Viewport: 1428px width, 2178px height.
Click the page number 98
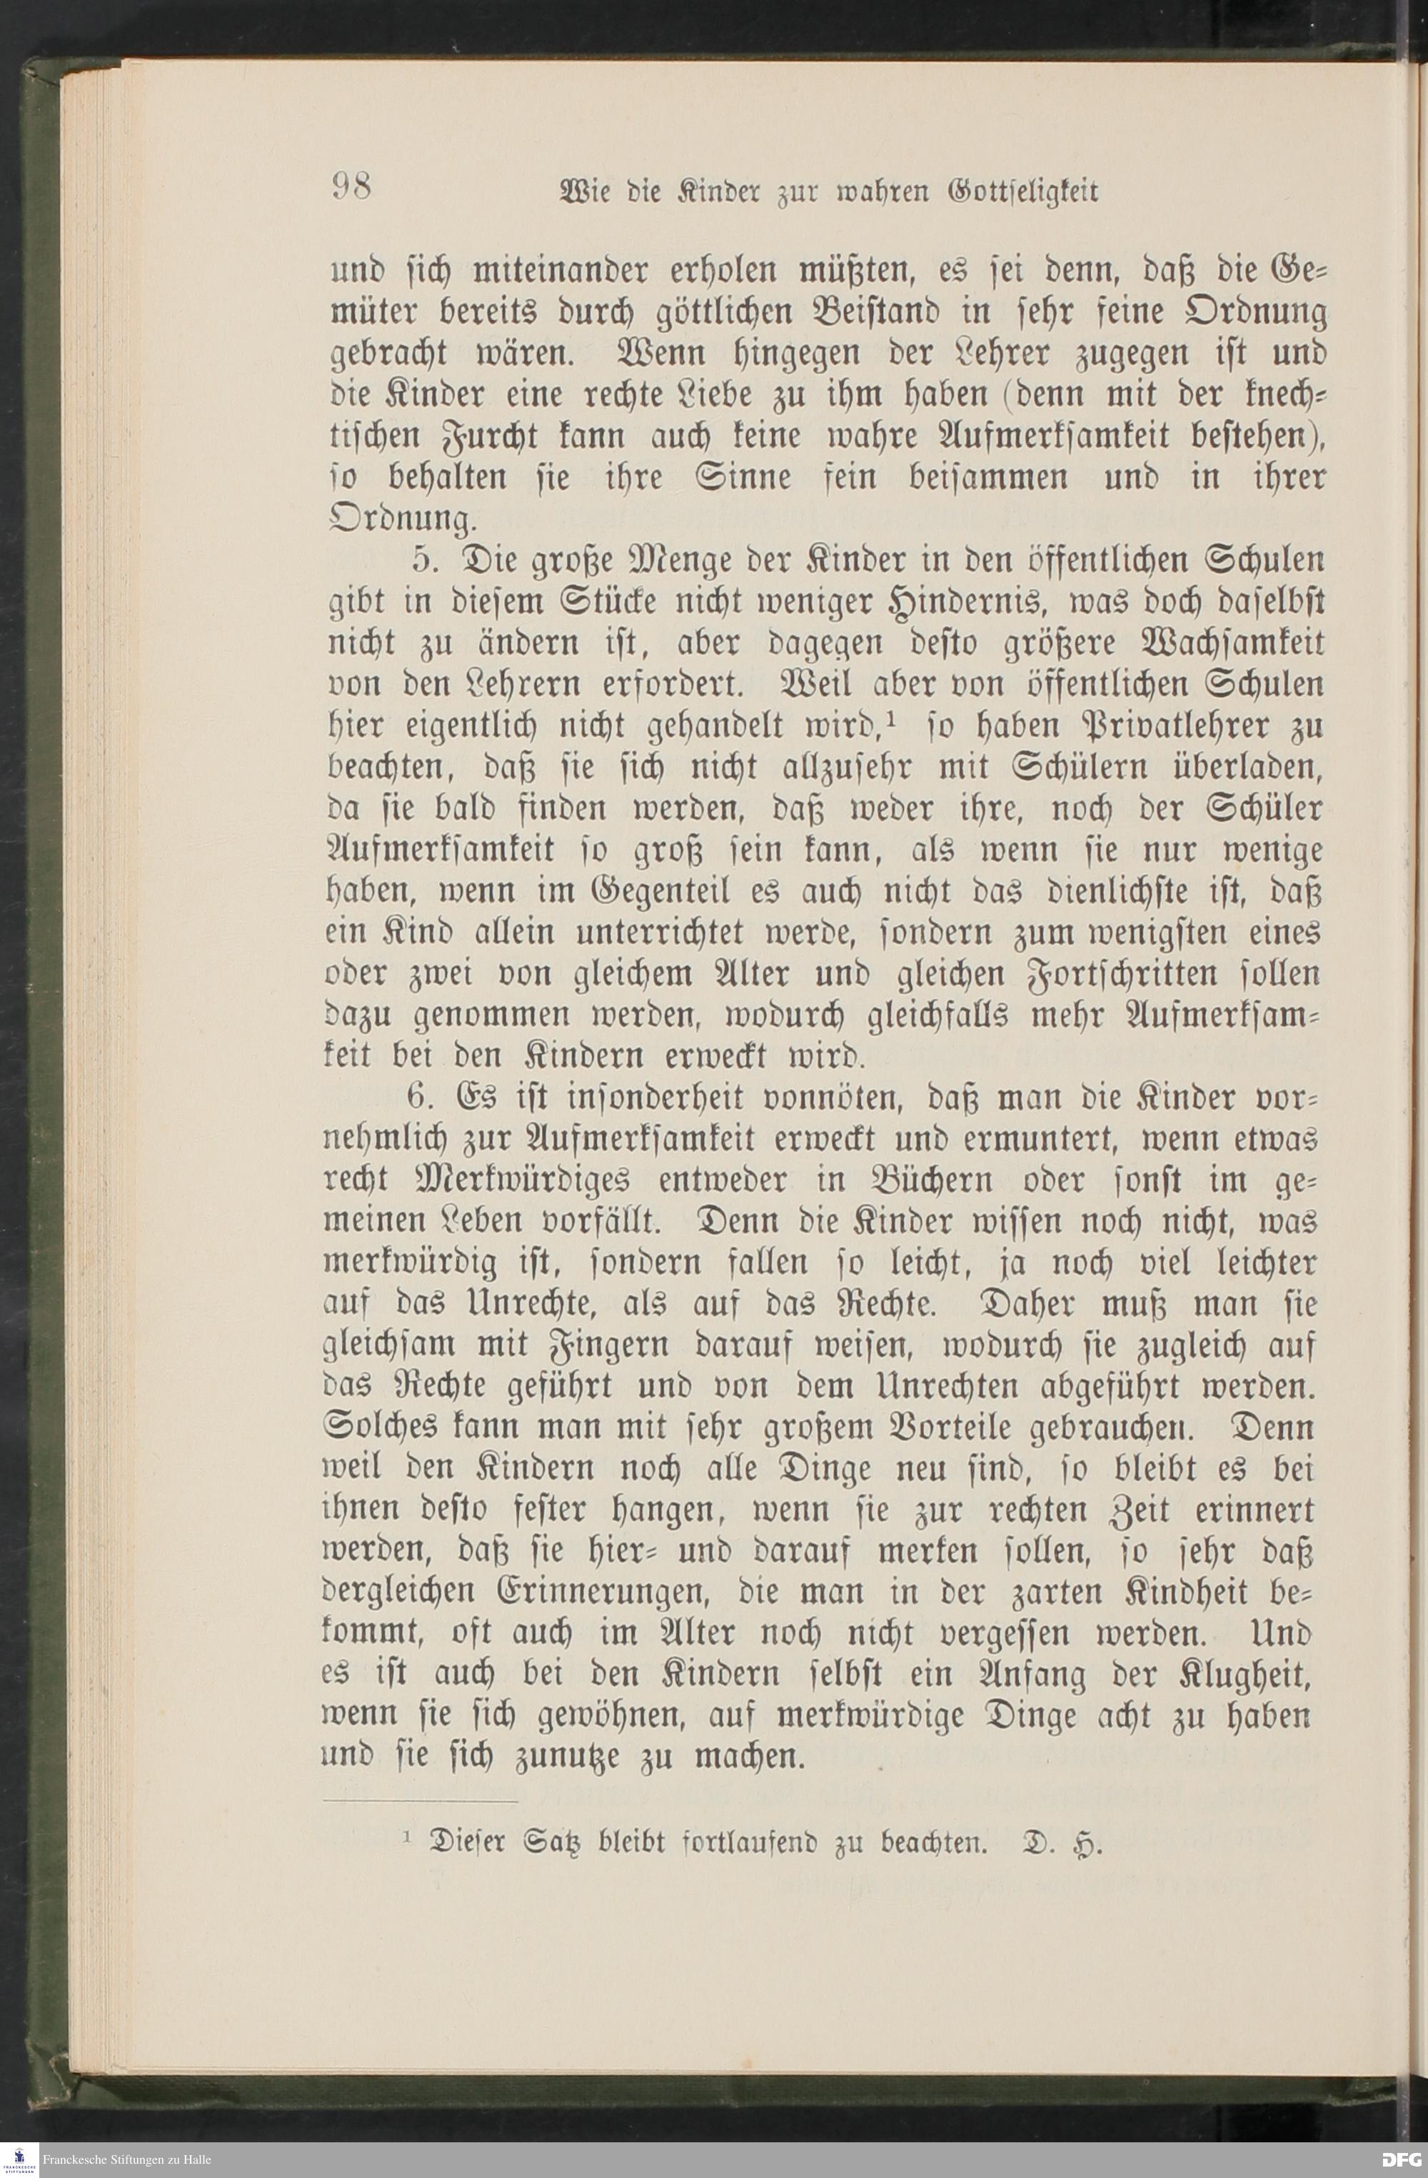(x=351, y=188)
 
